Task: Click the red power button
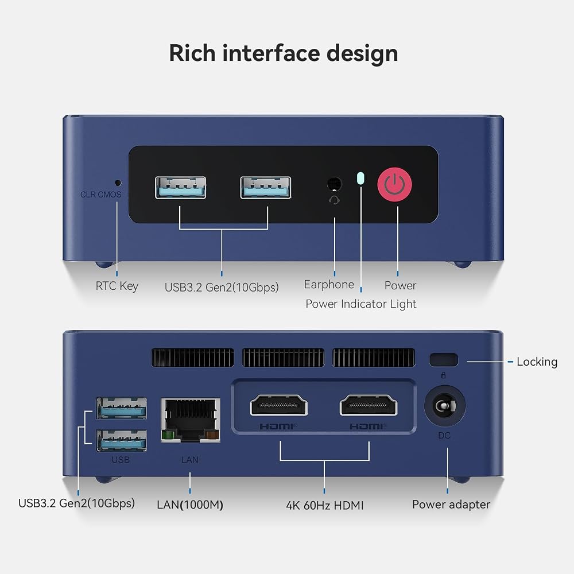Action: point(395,184)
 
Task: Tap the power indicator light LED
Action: point(360,178)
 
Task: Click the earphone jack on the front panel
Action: point(334,184)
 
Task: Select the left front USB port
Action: point(180,188)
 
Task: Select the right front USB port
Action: point(266,188)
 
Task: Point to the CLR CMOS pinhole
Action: point(118,183)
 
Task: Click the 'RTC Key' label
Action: point(117,286)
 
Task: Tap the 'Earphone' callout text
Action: point(329,285)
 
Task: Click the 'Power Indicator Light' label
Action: point(361,304)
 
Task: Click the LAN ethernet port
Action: point(191,420)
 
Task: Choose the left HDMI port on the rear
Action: point(278,405)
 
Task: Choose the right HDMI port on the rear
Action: point(369,405)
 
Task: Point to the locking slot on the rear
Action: point(444,360)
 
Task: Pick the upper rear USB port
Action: point(122,408)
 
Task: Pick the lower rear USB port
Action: point(122,440)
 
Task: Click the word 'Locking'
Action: point(537,362)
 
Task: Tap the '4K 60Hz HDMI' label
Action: point(325,506)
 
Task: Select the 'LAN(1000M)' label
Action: point(190,505)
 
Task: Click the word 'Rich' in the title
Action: point(192,53)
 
